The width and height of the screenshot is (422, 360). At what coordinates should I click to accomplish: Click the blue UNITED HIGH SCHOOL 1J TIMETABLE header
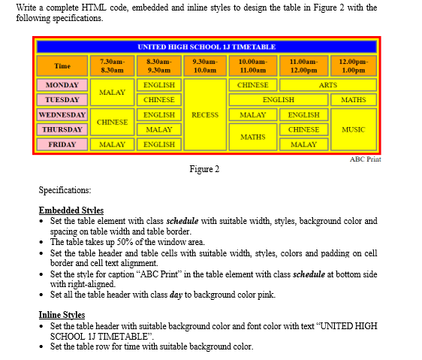[206, 47]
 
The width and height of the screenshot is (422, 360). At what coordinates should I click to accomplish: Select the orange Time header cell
[62, 65]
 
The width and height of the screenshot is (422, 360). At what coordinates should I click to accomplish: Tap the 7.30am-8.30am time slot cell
[112, 65]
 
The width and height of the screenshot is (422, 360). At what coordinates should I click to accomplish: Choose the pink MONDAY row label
[62, 85]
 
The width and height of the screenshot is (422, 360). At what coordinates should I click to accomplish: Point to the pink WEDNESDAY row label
[62, 115]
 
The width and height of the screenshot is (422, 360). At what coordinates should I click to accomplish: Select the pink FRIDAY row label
[62, 144]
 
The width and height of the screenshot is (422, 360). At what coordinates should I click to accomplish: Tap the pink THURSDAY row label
[62, 129]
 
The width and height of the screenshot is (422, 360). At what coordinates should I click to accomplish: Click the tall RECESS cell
[205, 115]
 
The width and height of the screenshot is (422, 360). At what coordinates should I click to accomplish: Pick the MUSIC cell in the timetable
[353, 129]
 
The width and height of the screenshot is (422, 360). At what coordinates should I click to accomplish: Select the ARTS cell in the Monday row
[328, 85]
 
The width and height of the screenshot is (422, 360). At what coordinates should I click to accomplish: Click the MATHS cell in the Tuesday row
[353, 99]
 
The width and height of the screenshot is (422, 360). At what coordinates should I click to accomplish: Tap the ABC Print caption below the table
[366, 159]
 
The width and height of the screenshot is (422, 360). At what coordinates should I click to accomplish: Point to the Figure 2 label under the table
[204, 169]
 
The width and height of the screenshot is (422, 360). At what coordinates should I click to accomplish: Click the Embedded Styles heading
[71, 210]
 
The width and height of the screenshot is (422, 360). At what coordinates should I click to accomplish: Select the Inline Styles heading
[62, 314]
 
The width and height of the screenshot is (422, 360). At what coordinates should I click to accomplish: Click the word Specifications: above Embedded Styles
[65, 191]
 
